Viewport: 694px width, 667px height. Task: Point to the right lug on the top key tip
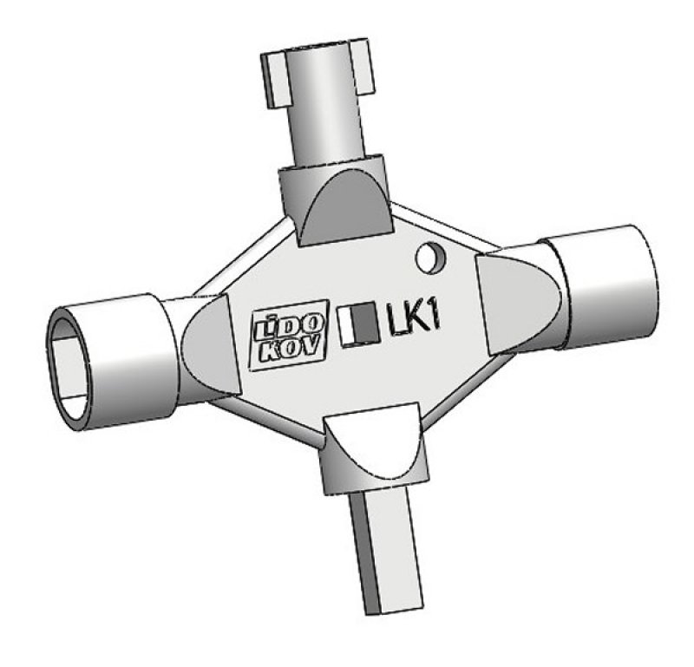click(368, 64)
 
